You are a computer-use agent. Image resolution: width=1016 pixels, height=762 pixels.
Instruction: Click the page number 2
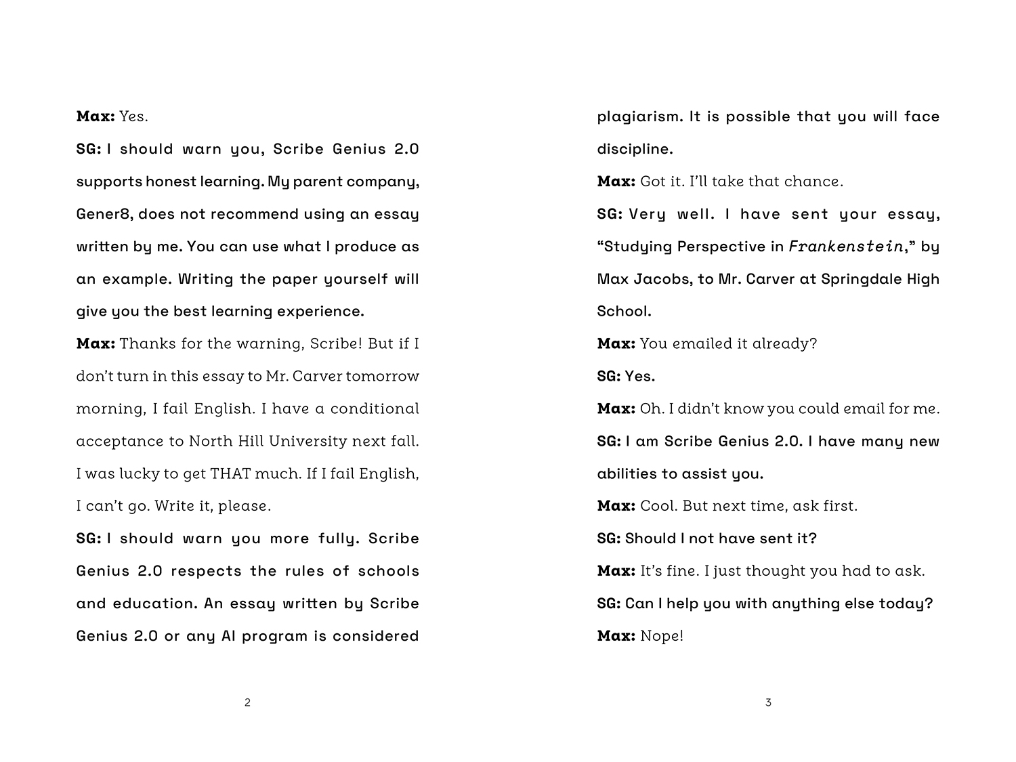(247, 702)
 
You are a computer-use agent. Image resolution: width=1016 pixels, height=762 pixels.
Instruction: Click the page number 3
(768, 702)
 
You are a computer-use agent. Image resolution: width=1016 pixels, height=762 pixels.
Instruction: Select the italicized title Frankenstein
(846, 247)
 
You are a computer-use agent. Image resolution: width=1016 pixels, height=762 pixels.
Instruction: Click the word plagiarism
(639, 117)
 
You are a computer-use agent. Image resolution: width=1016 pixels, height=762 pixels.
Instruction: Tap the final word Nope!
(662, 636)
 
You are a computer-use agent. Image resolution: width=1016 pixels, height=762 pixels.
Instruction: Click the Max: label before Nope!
(616, 636)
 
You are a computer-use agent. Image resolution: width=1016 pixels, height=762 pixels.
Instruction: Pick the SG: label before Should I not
(608, 538)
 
